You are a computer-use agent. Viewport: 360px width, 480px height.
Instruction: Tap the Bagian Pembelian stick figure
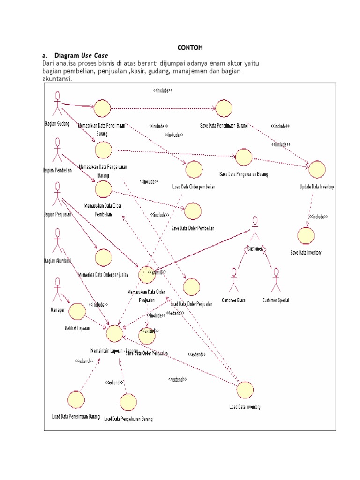point(57,150)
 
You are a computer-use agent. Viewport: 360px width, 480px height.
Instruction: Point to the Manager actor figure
point(57,290)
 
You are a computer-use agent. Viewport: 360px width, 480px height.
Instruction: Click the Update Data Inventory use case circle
point(317,169)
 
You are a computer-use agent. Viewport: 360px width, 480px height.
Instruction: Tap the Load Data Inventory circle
point(245,390)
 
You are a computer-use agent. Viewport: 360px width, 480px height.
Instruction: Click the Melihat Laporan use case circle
point(77,310)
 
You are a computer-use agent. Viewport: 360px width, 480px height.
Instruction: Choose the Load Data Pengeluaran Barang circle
point(127,402)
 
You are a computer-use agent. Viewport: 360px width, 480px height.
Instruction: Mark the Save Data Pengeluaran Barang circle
point(244,157)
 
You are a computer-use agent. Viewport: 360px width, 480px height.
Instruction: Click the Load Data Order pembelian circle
point(194,169)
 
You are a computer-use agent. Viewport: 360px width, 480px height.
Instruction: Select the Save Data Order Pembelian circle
point(192,211)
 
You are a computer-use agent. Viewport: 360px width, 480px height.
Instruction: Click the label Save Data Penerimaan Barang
point(224,125)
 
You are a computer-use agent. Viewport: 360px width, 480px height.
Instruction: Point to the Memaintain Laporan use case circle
point(114,334)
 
